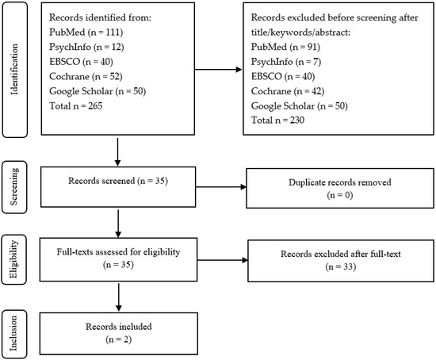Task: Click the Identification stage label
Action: coord(15,70)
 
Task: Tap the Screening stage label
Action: coord(14,187)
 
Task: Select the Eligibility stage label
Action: coord(13,259)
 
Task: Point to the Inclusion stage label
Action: coord(14,334)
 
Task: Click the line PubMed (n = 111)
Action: coord(86,33)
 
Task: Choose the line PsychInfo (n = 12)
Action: coord(86,47)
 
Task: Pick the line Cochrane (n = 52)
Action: coord(86,76)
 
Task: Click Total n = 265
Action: coord(75,105)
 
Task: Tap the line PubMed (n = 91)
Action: coord(285,47)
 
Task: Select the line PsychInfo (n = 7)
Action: coord(286,62)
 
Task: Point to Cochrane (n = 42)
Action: coord(288,91)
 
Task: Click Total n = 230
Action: coord(277,121)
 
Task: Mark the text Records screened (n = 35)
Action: coord(118,181)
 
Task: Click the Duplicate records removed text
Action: coord(340,182)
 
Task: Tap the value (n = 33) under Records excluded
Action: coord(341,266)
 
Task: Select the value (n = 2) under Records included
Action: coord(119,339)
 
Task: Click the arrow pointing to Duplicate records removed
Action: coord(221,187)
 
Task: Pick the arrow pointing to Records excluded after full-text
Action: coord(223,260)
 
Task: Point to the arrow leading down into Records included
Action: coord(119,297)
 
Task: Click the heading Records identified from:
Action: coord(100,17)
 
